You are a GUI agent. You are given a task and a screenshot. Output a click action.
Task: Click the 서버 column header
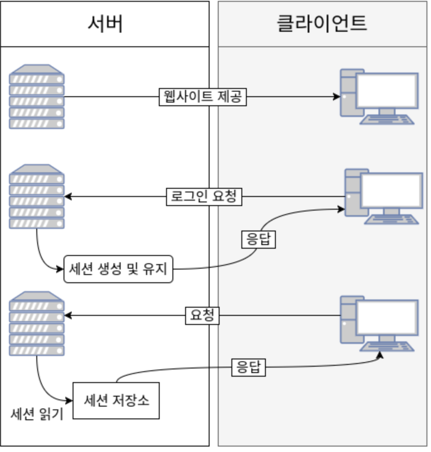[105, 24]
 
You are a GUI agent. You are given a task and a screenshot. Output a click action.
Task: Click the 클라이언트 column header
[322, 24]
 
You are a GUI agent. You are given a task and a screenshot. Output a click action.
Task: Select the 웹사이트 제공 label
[202, 97]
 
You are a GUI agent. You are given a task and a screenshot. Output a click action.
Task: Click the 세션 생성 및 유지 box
[118, 269]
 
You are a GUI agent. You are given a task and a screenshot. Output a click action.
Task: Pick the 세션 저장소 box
[116, 401]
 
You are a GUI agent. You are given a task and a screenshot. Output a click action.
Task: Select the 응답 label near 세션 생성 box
[258, 240]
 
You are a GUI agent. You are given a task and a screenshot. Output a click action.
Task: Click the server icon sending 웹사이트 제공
[37, 97]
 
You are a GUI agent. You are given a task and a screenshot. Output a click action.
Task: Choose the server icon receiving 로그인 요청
[37, 197]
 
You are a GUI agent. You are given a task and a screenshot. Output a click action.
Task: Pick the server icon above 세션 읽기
[37, 324]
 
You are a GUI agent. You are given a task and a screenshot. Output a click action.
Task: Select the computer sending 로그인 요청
[383, 196]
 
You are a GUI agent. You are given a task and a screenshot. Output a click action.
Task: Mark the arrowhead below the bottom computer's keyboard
[380, 354]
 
